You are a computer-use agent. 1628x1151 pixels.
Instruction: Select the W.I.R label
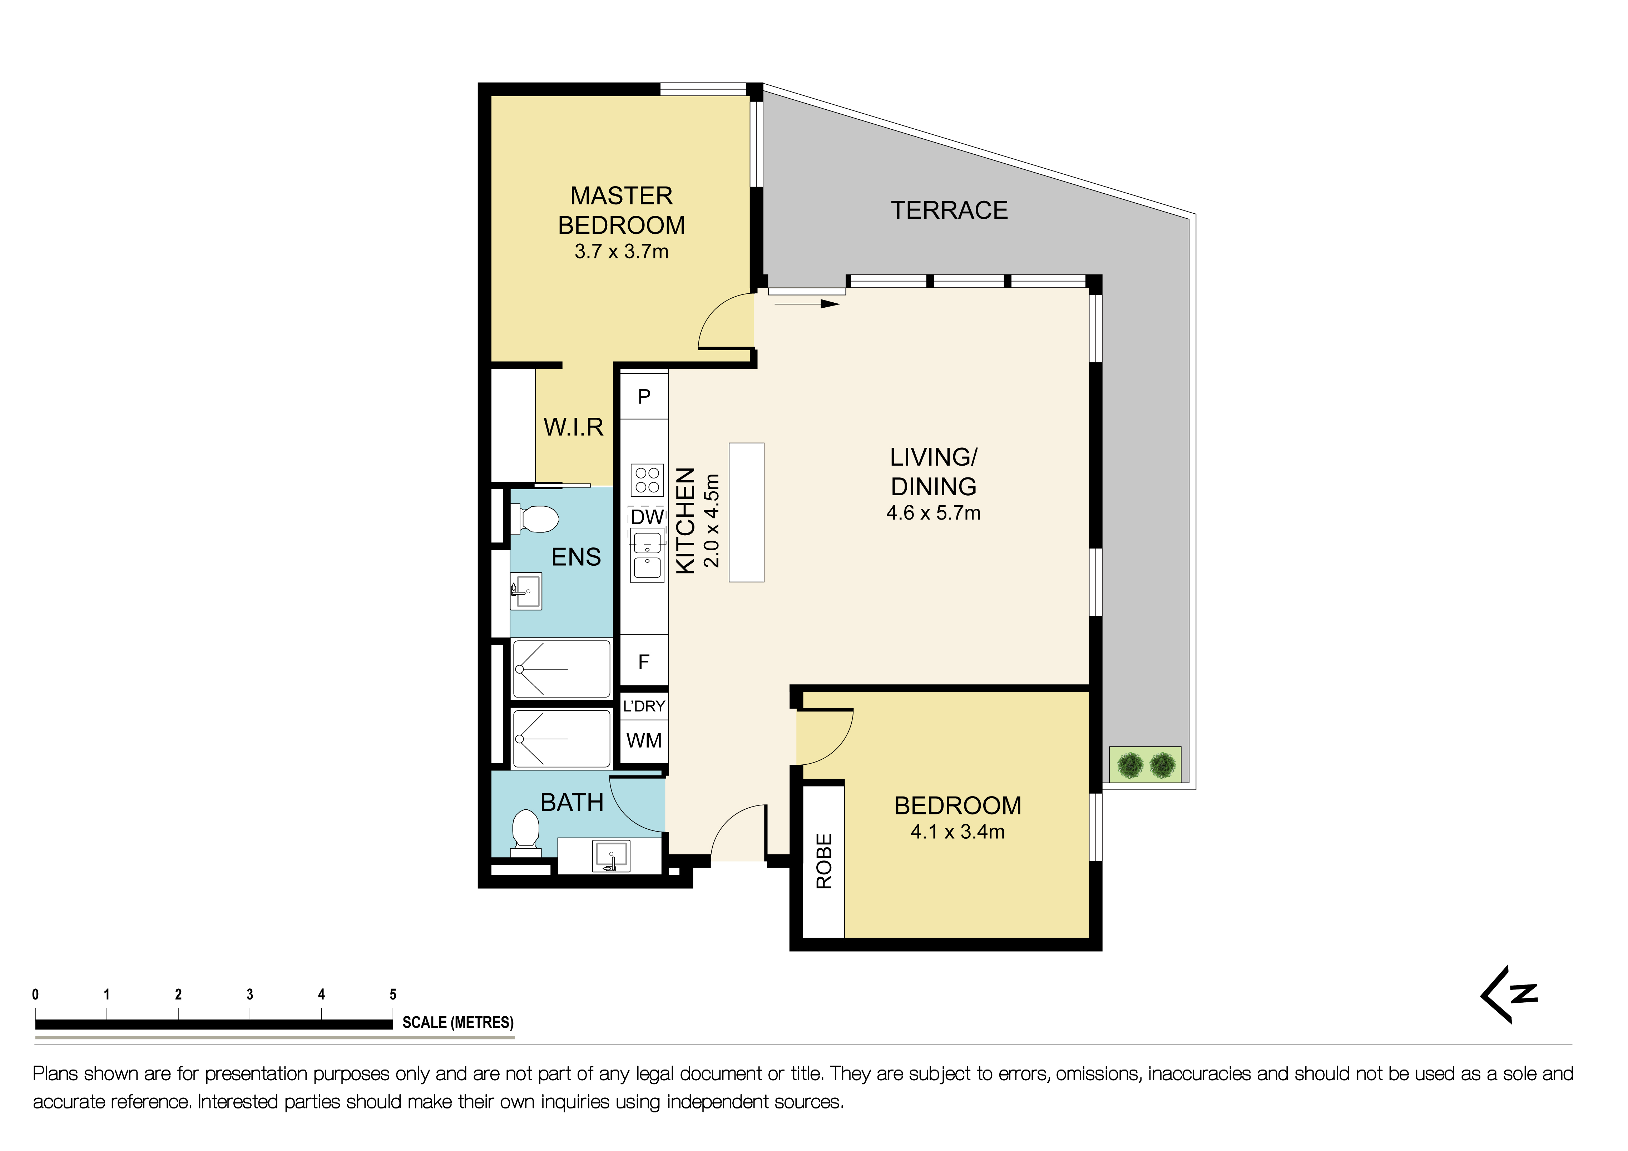[x=574, y=427]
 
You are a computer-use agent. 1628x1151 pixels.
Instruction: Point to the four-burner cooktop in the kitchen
[x=647, y=480]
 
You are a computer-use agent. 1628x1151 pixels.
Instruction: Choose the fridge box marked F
[x=644, y=662]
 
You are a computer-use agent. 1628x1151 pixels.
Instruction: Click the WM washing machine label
[x=644, y=741]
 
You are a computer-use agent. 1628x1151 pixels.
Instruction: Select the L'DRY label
[x=644, y=706]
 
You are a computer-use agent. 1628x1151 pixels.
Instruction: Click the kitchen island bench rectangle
[x=746, y=512]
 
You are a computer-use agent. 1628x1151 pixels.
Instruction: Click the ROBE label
[x=824, y=861]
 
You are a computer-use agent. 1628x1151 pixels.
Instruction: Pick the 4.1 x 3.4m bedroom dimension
[x=957, y=832]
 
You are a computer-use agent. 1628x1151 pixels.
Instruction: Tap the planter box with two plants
[x=1145, y=765]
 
